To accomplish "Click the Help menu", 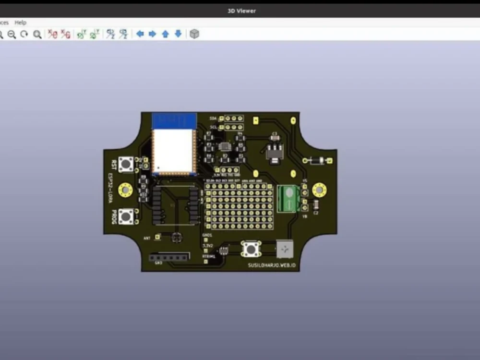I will (20, 23).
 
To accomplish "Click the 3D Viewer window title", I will (241, 11).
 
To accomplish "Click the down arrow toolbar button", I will (178, 34).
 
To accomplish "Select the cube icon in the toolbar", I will (194, 34).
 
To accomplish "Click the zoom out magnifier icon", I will (12, 34).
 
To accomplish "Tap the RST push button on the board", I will (126, 164).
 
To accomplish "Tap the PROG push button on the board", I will (126, 216).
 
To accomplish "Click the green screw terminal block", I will (290, 198).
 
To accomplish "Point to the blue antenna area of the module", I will (174, 120).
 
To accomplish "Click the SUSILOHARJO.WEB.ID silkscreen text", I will (272, 265).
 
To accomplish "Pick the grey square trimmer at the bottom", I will (285, 249).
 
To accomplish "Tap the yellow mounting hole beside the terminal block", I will (319, 191).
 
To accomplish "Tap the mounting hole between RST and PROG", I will (126, 191).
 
